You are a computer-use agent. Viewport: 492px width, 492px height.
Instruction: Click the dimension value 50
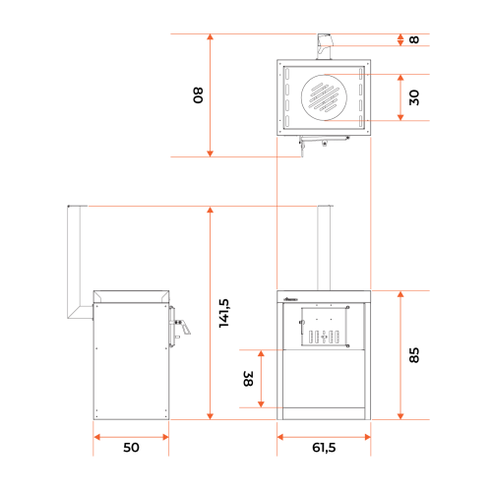pos(131,448)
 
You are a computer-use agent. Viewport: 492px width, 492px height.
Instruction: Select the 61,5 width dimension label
pos(324,448)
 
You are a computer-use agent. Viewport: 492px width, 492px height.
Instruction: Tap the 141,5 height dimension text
pos(224,313)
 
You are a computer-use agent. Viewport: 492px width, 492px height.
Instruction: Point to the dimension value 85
pos(414,355)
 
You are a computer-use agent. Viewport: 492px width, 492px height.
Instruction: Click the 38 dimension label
pos(248,379)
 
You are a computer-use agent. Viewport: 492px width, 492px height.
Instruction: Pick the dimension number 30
pos(414,97)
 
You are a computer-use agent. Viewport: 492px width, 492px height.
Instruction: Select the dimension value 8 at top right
pos(414,39)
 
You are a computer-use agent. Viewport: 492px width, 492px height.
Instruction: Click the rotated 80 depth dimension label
pos(198,95)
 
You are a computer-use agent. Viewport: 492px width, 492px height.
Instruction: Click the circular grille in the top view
pos(324,97)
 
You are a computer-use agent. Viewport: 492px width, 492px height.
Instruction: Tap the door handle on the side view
pos(182,327)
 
